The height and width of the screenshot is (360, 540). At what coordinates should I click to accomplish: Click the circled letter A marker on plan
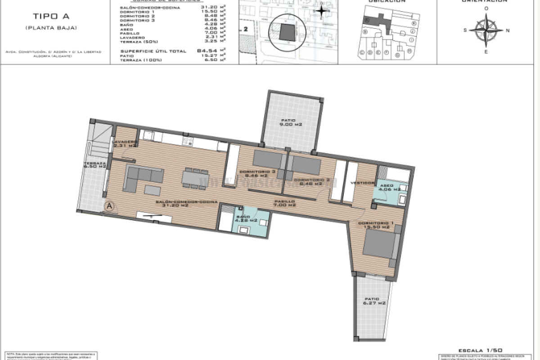109,206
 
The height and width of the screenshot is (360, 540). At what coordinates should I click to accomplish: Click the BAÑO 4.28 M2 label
247,219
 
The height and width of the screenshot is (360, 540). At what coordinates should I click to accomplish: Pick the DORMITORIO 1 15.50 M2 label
373,225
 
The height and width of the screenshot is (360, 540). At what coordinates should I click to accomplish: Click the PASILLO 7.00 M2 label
284,203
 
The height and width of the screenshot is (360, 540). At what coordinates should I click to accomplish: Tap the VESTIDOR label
362,183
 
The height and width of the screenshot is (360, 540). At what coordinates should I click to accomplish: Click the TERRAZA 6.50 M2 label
95,165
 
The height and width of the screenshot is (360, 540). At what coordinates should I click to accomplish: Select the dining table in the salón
195,177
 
